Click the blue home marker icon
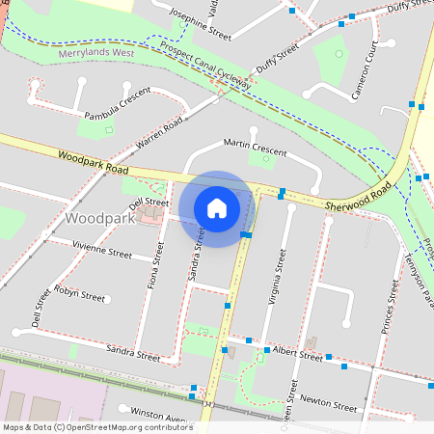point(217,207)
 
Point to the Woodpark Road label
point(93,162)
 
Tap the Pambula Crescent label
point(118,103)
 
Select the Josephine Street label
point(200,24)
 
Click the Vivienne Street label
point(102,253)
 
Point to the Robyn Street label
point(79,293)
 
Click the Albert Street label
point(297,354)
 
